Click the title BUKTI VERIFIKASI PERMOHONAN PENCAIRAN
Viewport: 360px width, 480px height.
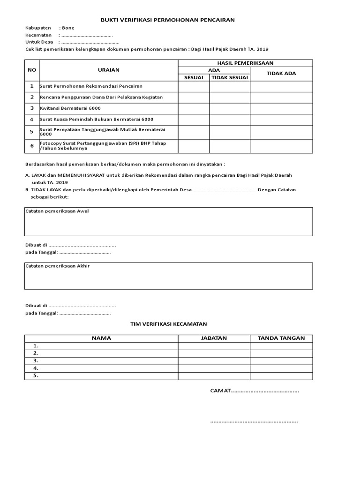[168, 20]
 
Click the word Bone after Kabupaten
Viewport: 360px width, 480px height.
[68, 28]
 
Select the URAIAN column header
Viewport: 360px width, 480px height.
[108, 70]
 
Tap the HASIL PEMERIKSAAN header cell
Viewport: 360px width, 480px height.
[245, 63]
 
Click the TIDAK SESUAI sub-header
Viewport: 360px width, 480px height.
[229, 77]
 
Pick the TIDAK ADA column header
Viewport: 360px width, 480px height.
[281, 74]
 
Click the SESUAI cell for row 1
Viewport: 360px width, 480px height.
[194, 86]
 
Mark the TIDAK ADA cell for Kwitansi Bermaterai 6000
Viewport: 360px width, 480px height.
[281, 108]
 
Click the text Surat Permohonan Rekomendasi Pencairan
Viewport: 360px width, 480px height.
[91, 86]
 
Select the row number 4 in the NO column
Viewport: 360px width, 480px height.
[32, 120]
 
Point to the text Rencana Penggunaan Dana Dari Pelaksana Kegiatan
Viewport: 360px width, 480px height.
[101, 97]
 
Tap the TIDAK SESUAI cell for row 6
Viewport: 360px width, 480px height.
[229, 146]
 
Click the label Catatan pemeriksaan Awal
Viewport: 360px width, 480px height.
[57, 211]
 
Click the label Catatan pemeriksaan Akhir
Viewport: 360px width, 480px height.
[57, 266]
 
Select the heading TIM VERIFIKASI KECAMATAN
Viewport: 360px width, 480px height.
[168, 324]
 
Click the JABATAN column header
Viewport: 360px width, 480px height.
[214, 338]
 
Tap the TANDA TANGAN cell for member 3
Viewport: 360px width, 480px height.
[281, 360]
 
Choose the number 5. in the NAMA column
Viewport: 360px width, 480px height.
[36, 375]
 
